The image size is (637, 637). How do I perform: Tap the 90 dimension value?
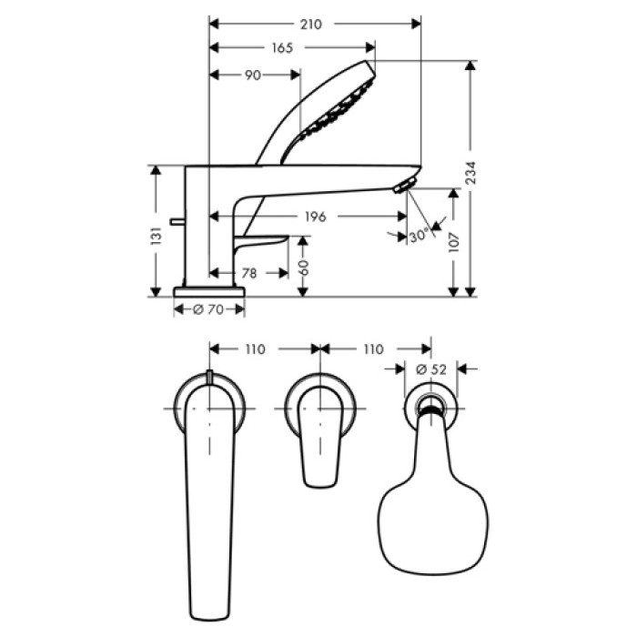point(252,75)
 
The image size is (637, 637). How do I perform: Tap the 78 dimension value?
point(248,272)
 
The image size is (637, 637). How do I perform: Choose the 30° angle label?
point(418,236)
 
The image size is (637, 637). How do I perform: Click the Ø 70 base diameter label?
point(208,310)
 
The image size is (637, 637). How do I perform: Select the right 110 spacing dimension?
point(373,349)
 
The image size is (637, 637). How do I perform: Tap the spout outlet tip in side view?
point(403,187)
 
